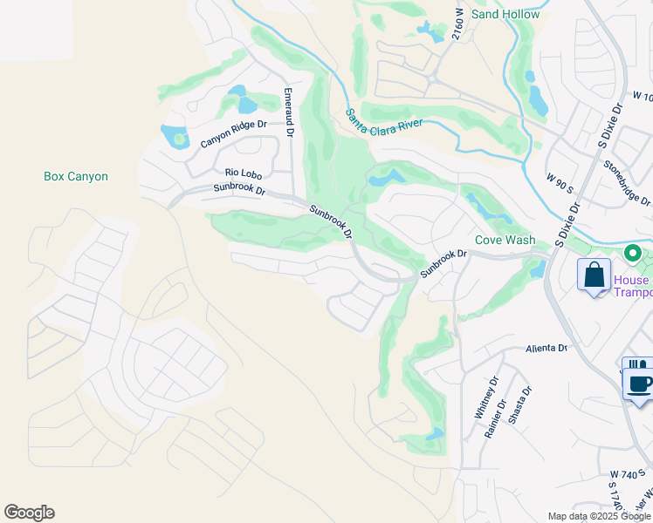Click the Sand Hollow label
point(505,14)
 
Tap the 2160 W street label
point(457,24)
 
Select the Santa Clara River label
point(384,119)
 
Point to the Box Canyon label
point(76,176)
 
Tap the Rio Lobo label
point(244,174)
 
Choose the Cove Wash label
point(505,240)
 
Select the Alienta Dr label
point(546,348)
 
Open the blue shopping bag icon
point(594,275)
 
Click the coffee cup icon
point(639,383)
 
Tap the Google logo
point(29,513)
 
